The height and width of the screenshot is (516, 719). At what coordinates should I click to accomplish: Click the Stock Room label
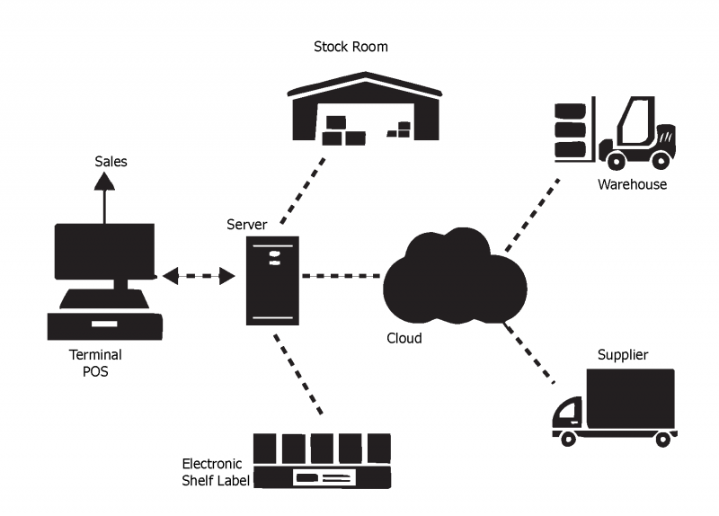(351, 46)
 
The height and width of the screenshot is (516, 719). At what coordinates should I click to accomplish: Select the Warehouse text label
(633, 184)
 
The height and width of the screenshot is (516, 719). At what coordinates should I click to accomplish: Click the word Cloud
(404, 339)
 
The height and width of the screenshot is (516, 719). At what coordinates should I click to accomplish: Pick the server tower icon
(273, 280)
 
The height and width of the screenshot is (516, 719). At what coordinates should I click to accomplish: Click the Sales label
(111, 162)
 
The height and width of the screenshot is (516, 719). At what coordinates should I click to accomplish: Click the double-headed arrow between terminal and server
(199, 276)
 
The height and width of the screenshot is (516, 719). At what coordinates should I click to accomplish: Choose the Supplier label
(623, 354)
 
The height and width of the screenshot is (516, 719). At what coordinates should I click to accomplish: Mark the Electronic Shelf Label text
(213, 472)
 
